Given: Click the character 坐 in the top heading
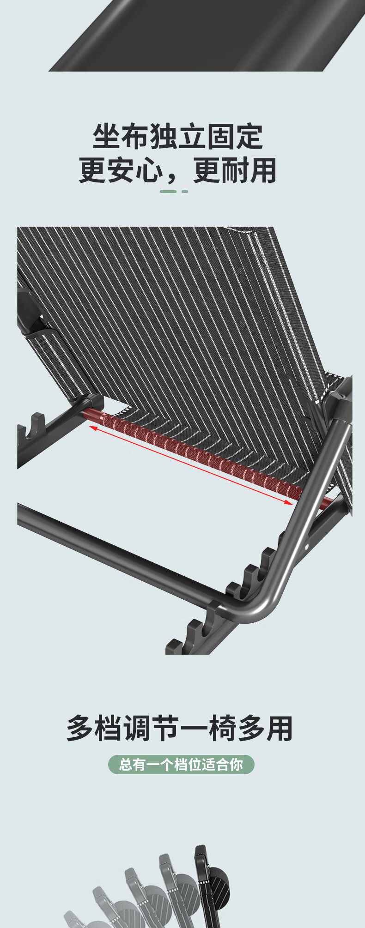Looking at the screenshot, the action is [107, 136].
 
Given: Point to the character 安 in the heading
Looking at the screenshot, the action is [121, 170].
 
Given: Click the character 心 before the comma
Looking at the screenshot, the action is [149, 170].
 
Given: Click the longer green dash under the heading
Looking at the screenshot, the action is [168, 191].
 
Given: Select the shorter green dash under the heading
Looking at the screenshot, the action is [185, 191].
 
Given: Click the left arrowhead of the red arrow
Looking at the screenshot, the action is [92, 428].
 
